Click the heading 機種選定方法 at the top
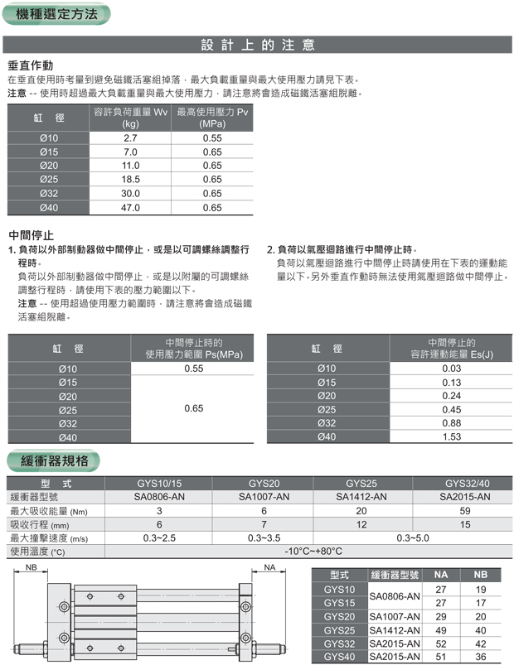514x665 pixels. click(x=56, y=13)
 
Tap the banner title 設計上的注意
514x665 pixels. click(x=258, y=45)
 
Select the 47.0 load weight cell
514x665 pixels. click(x=130, y=208)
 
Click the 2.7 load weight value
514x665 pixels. click(x=130, y=137)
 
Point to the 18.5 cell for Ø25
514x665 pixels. click(x=130, y=180)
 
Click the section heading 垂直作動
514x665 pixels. click(x=31, y=65)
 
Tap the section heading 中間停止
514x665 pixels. click(x=31, y=234)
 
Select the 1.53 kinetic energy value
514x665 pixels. click(x=451, y=437)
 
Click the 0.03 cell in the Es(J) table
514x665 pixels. click(x=451, y=369)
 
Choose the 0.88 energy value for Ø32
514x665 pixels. click(x=451, y=423)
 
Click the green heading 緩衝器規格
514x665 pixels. click(x=55, y=460)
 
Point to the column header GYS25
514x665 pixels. click(x=361, y=483)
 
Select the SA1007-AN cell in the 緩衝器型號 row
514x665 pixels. click(x=264, y=497)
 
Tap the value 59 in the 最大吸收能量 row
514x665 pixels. click(x=464, y=511)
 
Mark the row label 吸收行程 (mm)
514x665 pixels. click(x=40, y=525)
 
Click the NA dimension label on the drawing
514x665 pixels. click(x=269, y=567)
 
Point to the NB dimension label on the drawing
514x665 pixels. click(x=32, y=567)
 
